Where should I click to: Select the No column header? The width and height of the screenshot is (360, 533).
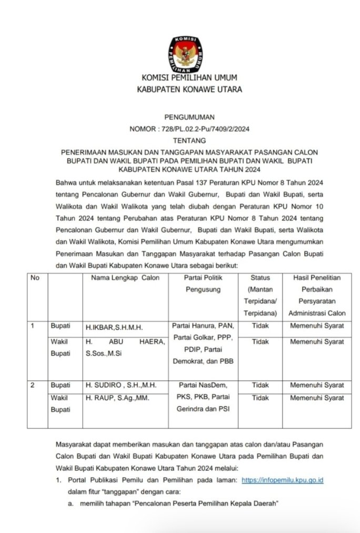tap(35, 278)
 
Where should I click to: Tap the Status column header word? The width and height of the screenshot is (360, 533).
tap(260, 278)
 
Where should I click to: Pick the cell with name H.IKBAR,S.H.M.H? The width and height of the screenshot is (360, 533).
tap(111, 327)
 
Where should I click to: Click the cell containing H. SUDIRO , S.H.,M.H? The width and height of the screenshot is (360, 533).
tap(117, 386)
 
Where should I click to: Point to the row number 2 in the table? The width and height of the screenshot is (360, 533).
tap(33, 386)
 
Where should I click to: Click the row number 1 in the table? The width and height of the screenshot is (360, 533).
tap(33, 326)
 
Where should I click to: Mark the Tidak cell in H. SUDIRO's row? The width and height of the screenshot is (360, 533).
tap(260, 386)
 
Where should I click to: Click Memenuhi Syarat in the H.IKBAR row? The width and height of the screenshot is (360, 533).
tap(317, 326)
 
